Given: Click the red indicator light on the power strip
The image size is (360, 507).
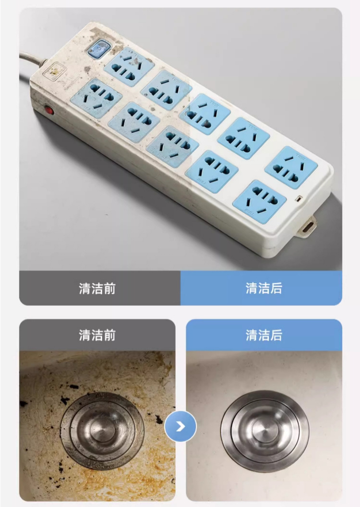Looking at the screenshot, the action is (49, 110).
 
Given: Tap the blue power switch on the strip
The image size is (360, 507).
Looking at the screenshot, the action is (99, 49).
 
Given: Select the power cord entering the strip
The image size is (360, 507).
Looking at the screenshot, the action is (32, 61).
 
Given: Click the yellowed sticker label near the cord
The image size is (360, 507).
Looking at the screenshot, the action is (54, 73).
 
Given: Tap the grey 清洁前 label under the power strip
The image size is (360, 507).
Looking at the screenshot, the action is (97, 288).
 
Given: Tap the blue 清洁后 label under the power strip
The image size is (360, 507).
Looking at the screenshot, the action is (264, 288).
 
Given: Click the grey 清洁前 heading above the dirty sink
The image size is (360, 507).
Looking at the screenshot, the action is (97, 335).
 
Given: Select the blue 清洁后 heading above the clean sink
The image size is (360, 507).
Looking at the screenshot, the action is (264, 335).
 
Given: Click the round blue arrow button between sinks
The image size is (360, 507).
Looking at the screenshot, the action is (180, 426).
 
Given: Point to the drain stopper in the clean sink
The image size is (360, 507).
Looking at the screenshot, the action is (264, 430).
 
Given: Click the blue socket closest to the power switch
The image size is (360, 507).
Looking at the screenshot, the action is (129, 66).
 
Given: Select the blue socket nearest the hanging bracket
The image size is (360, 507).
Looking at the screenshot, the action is (260, 202).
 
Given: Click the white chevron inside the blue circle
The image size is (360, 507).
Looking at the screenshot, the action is (180, 426).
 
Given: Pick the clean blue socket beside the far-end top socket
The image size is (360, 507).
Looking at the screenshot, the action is (243, 138).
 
